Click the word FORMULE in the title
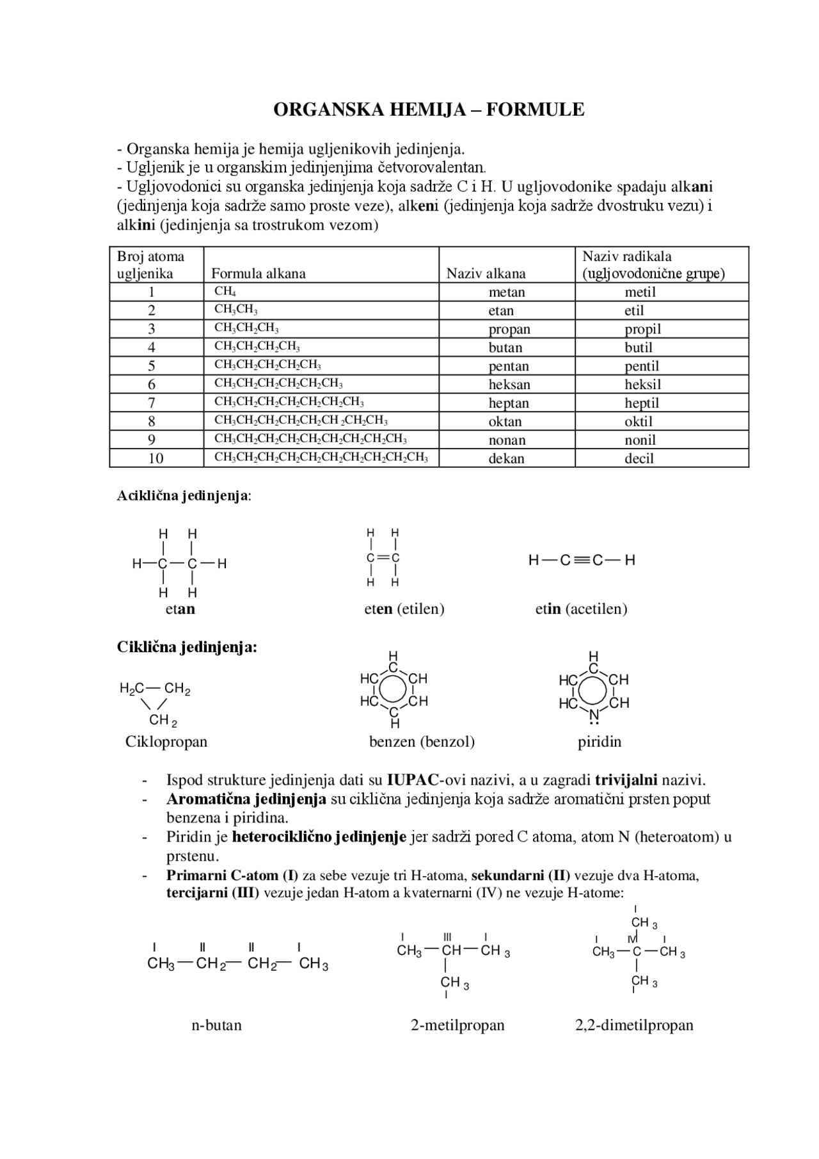(x=535, y=109)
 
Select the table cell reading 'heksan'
(x=509, y=385)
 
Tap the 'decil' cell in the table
(x=639, y=458)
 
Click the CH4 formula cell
(x=225, y=292)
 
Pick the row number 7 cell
(x=152, y=403)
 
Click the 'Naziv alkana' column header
(x=486, y=273)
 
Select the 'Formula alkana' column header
(x=258, y=273)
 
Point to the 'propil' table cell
(x=642, y=329)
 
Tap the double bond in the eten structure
(x=383, y=558)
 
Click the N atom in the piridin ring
(x=594, y=714)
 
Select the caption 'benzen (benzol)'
(x=422, y=742)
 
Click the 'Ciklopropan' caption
(x=166, y=742)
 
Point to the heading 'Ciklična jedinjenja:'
(x=187, y=647)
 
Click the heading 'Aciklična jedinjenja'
(x=183, y=496)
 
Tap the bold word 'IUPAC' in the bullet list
(x=412, y=780)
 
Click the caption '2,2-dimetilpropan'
(x=634, y=1025)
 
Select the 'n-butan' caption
(x=216, y=1025)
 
